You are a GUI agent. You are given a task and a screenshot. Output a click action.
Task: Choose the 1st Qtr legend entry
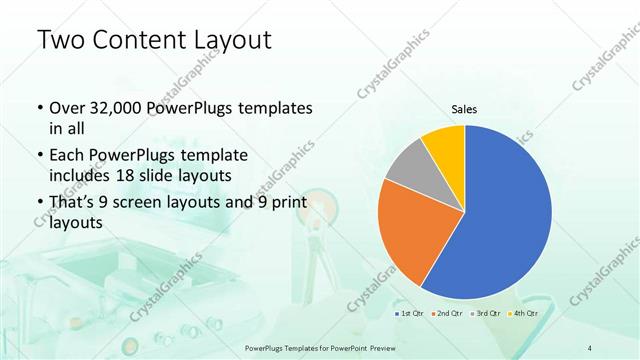pos(409,314)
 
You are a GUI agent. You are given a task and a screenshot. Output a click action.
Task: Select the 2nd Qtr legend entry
pos(447,314)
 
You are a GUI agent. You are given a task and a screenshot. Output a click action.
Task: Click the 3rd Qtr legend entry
pos(486,314)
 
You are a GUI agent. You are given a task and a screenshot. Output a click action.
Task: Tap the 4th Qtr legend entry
pos(524,314)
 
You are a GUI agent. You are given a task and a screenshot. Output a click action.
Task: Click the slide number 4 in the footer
pos(589,347)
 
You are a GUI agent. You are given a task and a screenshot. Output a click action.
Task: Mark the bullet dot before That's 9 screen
pos(38,204)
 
